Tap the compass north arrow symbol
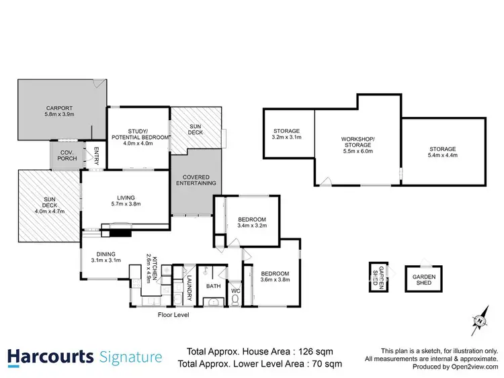coord(480,321)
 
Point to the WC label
coord(235,290)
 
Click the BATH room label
coord(214,286)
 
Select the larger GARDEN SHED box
coord(424,279)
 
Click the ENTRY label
coord(96,155)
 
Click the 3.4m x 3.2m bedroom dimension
coord(253,226)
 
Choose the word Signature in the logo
coord(130,357)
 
